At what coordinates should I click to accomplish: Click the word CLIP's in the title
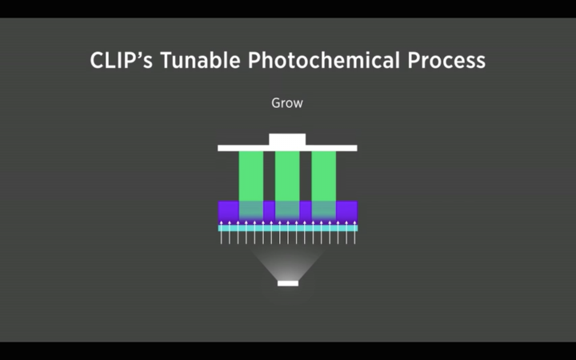tap(122, 60)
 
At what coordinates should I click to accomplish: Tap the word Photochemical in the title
tap(324, 60)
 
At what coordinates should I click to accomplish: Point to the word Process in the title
tap(446, 60)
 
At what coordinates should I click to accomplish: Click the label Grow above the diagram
tap(287, 103)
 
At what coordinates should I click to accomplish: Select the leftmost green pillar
tap(251, 176)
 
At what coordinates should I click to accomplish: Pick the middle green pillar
tap(287, 176)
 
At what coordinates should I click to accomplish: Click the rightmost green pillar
tap(324, 176)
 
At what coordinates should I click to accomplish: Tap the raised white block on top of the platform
tap(287, 139)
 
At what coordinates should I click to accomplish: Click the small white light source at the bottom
tap(288, 283)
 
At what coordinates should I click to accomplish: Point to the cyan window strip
tap(288, 228)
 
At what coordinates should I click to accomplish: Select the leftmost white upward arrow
tap(221, 232)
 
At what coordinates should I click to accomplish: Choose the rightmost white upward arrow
tap(354, 232)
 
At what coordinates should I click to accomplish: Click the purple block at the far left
tap(229, 211)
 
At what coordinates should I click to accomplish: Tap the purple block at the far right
tap(346, 211)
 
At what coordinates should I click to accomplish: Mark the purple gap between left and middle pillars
tap(270, 211)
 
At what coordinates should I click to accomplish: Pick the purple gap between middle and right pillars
tap(306, 211)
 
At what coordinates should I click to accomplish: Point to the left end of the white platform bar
tap(218, 148)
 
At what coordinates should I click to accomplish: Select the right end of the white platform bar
tap(357, 148)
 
